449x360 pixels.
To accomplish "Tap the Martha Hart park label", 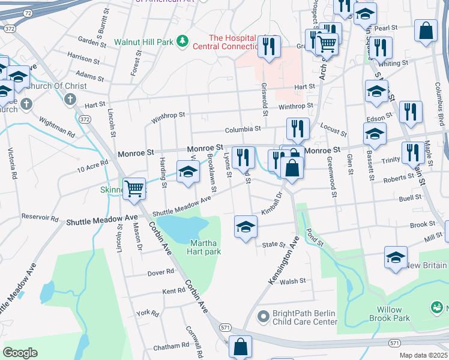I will pos(206,247).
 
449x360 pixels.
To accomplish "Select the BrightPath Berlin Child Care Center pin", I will pos(263,315).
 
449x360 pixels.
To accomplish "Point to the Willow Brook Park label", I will pos(393,314).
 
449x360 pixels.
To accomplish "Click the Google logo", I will pos(20,353).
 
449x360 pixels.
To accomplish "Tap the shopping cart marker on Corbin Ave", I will pos(134,188).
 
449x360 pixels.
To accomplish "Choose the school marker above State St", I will pos(245,227).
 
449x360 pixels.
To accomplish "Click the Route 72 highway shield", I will pos(28,12).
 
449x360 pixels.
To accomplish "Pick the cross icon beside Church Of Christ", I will pos(70,98).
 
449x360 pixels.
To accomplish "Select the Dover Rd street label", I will pos(161,272).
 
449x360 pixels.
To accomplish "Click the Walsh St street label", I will pos(293,281).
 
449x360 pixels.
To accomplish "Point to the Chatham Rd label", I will pos(170,347).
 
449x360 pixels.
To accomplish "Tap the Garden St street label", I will pos(92,41).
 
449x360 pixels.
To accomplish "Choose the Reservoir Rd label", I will pos(40,217).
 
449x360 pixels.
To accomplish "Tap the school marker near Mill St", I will pos(396,257).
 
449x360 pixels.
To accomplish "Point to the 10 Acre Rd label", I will pos(92,166).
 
